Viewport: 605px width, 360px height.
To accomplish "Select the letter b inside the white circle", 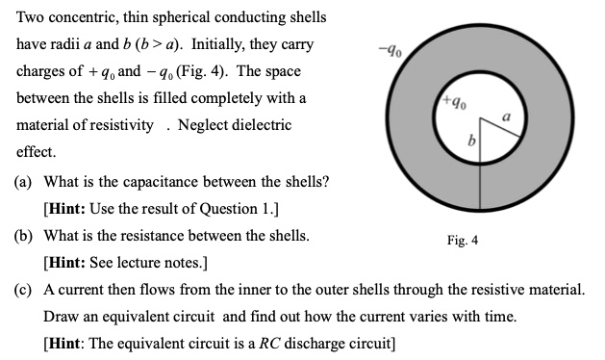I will (x=470, y=141).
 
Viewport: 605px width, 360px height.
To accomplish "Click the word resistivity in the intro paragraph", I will (x=121, y=126).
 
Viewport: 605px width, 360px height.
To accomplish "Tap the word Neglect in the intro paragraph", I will (x=202, y=126).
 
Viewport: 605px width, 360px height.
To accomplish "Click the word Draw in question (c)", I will (x=60, y=316).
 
